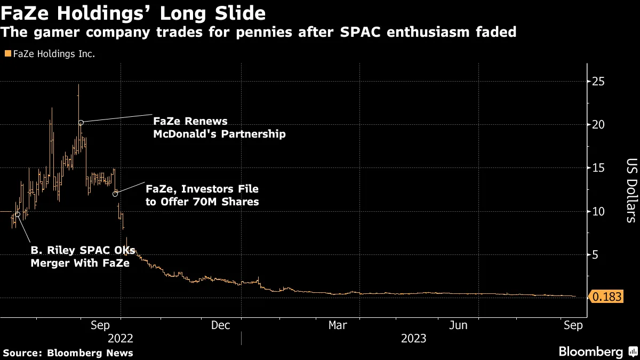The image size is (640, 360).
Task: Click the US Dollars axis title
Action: [x=631, y=190]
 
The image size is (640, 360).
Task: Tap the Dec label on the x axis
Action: [x=220, y=325]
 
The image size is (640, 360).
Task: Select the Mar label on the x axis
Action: [x=338, y=325]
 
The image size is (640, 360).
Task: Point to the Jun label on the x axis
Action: [x=459, y=325]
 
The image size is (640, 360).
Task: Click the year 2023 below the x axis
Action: [x=413, y=339]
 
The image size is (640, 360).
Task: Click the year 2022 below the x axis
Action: [x=121, y=339]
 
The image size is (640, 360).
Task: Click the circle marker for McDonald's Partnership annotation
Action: [x=81, y=123]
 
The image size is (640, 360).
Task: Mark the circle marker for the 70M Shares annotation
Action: [x=115, y=194]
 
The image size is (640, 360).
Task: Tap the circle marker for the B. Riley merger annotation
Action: [x=18, y=214]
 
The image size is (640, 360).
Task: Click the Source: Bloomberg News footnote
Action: [x=68, y=353]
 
